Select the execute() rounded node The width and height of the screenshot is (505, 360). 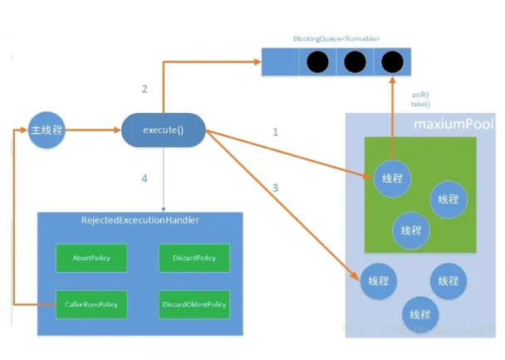164,131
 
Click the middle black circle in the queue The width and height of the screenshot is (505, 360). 353,62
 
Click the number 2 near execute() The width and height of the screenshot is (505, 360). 145,89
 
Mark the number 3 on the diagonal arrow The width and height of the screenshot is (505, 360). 276,188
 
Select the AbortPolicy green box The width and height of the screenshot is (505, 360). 84,258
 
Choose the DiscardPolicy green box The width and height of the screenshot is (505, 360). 189,258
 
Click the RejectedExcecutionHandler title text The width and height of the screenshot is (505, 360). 140,220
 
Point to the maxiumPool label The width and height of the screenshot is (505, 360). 454,124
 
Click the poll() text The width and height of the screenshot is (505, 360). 421,95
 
